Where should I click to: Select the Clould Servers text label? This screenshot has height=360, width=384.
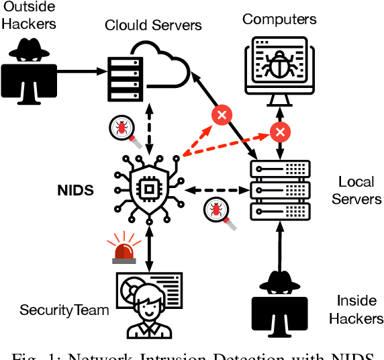point(153,26)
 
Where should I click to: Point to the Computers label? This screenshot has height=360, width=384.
point(279,19)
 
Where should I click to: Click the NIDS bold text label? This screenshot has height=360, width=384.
point(75,191)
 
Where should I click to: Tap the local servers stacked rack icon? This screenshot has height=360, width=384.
point(279,191)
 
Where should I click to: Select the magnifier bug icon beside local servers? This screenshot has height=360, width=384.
point(216,213)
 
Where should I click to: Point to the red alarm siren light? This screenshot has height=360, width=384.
point(124,249)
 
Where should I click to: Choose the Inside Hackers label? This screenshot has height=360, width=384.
point(356,308)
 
